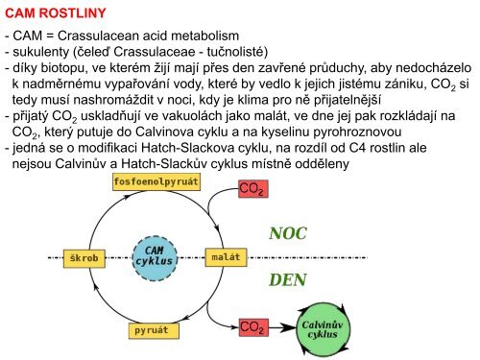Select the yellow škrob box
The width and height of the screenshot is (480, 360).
point(88,258)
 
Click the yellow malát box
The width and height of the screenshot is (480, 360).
point(222,258)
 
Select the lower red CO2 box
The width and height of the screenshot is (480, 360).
point(252,328)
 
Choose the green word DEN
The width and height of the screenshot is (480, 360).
point(288,279)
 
